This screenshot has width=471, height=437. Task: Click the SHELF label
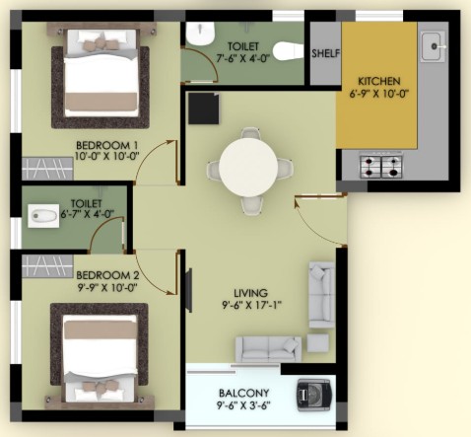[325, 53]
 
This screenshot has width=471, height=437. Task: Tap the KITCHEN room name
[378, 81]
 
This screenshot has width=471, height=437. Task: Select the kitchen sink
[434, 46]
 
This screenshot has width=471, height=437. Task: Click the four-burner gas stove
[381, 166]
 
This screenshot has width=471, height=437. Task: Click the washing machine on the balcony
[313, 395]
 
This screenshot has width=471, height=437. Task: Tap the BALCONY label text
[243, 393]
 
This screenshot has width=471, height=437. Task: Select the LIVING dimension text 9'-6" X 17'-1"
[251, 305]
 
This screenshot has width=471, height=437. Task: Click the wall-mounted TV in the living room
[188, 290]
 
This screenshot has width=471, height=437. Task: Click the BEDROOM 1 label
[107, 145]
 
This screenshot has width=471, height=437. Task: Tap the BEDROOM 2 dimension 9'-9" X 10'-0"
[107, 288]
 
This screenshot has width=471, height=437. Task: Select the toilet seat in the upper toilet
[288, 51]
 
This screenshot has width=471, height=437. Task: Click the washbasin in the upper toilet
[201, 34]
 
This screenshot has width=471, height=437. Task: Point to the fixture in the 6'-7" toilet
[43, 216]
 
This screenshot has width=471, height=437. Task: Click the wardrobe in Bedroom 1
[47, 169]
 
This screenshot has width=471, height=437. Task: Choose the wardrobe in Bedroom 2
[47, 266]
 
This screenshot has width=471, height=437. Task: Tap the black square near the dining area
[204, 109]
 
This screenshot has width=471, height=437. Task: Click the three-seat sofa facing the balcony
[268, 349]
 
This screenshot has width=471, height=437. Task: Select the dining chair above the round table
[250, 133]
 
